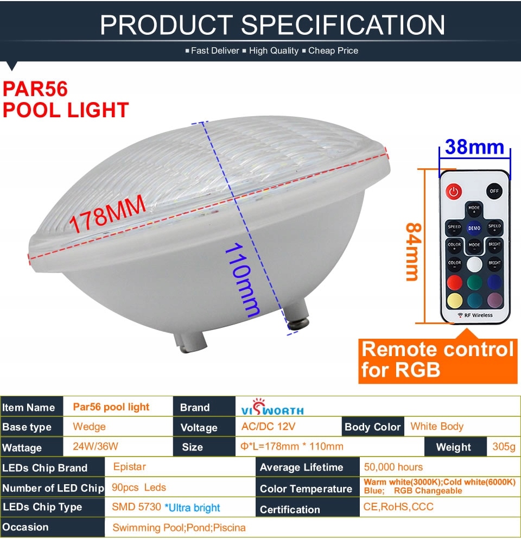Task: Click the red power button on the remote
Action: [454, 192]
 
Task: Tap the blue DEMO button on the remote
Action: [474, 228]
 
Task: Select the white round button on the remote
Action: [474, 264]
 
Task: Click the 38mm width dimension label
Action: [475, 147]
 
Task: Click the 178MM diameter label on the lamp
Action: [107, 213]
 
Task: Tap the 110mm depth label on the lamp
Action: [243, 280]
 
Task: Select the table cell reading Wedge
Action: [89, 427]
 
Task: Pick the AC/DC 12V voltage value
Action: [268, 427]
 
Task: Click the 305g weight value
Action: [504, 447]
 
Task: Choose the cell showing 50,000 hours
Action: [393, 467]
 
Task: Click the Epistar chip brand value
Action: [129, 467]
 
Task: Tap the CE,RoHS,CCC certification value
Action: [398, 506]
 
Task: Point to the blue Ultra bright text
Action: [192, 508]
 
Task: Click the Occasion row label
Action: [26, 527]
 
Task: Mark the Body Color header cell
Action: [373, 427]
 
